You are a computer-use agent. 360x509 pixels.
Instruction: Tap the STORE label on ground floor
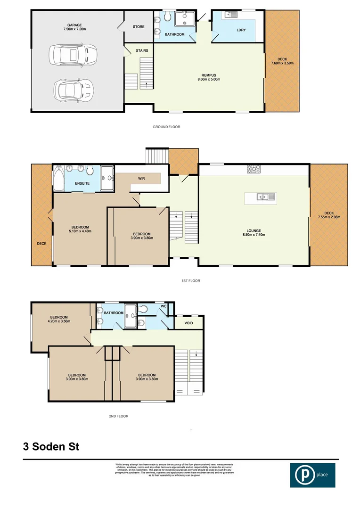(139, 26)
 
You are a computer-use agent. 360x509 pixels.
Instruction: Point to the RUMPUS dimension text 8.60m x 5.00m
(208, 79)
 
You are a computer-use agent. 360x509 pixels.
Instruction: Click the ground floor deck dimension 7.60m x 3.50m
(282, 63)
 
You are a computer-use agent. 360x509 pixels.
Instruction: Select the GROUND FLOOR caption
(166, 127)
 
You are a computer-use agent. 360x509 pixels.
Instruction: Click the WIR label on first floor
(141, 179)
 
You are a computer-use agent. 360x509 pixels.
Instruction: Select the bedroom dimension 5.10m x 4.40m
(80, 231)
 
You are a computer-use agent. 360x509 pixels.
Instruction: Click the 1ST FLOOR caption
(191, 281)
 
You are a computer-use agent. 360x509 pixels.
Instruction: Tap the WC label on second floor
(164, 306)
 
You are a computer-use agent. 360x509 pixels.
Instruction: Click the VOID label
(189, 323)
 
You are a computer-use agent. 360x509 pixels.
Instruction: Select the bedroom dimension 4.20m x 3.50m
(59, 321)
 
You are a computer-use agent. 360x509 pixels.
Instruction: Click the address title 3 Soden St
(51, 446)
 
